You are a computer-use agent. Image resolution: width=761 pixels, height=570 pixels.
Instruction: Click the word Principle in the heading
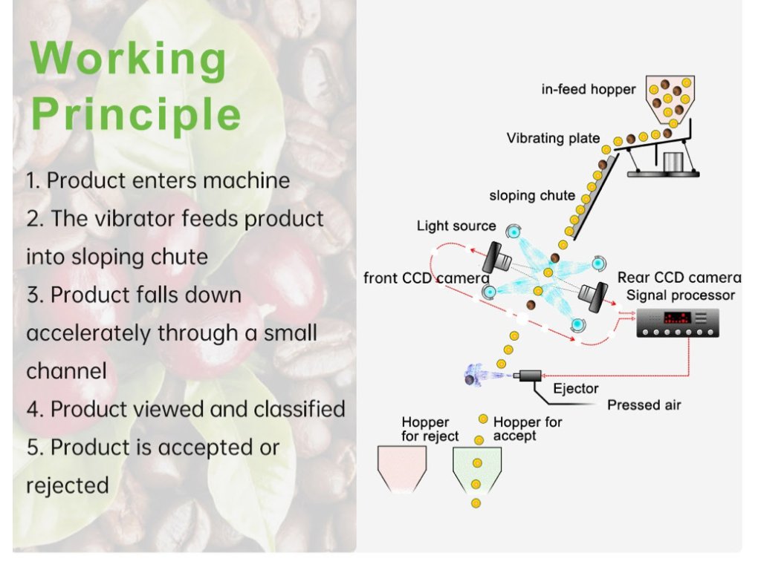click(137, 115)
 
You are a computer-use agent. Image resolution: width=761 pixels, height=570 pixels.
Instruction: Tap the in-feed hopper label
click(589, 90)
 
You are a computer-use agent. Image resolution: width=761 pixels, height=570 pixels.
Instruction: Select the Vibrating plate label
click(554, 138)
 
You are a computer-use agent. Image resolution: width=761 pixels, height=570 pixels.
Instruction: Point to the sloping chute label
click(532, 196)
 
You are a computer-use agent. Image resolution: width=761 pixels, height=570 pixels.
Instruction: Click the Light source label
click(456, 226)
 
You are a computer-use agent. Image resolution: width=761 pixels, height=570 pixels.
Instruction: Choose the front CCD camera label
click(426, 278)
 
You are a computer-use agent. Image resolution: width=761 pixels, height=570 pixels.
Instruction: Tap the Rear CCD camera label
click(679, 278)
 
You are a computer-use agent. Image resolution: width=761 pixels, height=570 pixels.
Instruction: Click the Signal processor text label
click(681, 295)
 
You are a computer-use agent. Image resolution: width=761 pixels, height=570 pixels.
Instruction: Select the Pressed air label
click(644, 405)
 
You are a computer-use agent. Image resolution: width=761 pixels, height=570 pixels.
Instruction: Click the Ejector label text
click(575, 389)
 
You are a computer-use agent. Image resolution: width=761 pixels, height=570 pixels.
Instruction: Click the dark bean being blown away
click(470, 381)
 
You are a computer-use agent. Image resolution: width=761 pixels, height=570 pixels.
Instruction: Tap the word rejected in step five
click(68, 485)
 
